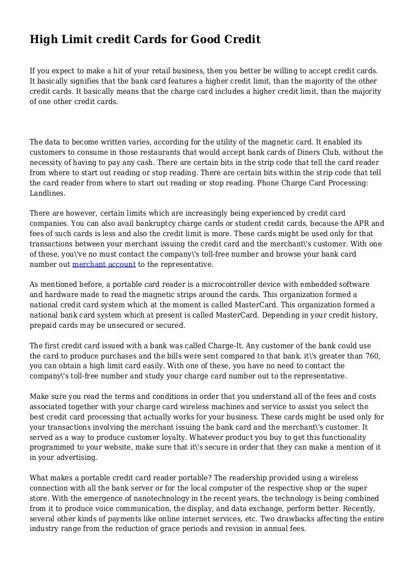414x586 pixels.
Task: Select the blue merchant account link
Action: pos(104,265)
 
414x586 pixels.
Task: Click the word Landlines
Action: pos(47,192)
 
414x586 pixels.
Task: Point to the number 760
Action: pos(371,355)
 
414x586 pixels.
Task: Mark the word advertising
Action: pos(75,457)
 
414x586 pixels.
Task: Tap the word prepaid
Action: pos(44,325)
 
